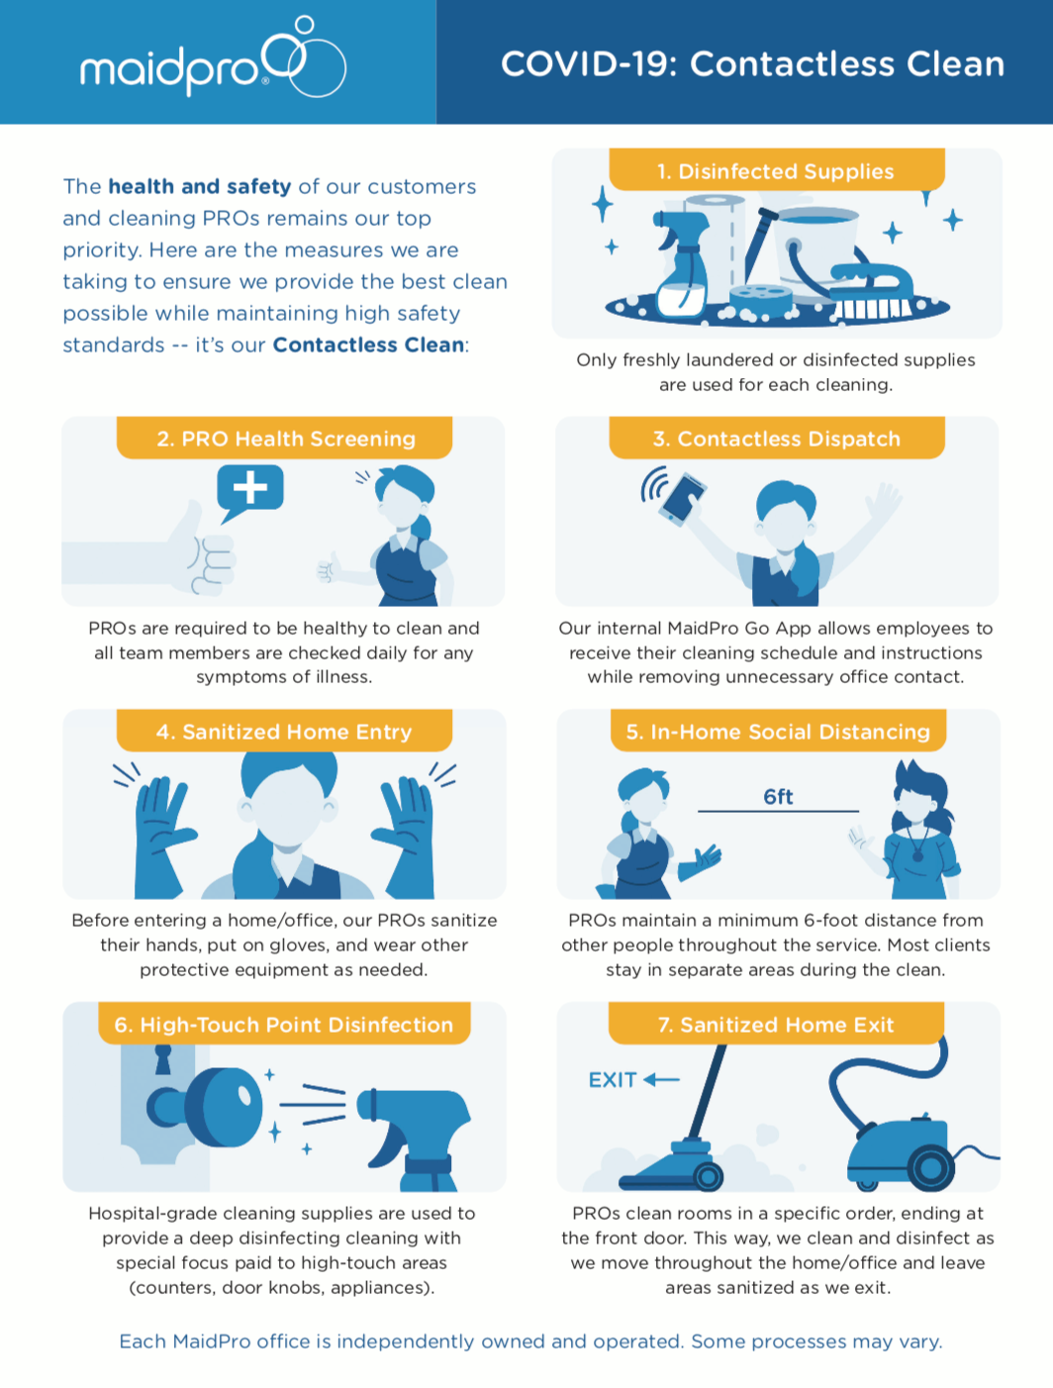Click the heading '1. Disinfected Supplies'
[x=776, y=171]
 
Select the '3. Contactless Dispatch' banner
[x=777, y=439]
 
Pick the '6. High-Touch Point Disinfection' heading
[x=284, y=1024]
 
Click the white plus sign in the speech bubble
[x=250, y=487]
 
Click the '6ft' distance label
[x=778, y=796]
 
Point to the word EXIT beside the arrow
[x=613, y=1079]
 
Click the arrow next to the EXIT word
[x=662, y=1079]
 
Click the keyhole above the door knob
[x=163, y=1059]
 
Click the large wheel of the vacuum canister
[x=931, y=1167]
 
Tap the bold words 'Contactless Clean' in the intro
[x=368, y=345]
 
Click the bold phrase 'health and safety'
[x=200, y=186]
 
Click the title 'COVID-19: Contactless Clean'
[x=752, y=64]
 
